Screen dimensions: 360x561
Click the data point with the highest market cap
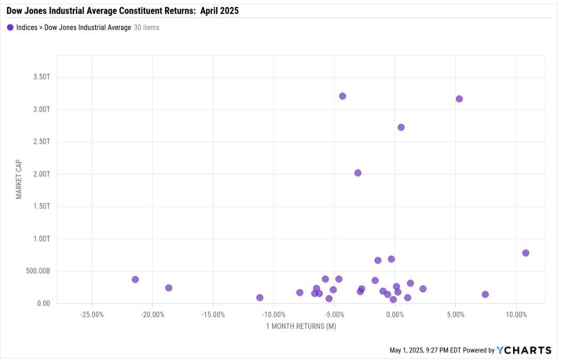point(342,96)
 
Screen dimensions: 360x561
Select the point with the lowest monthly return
point(135,280)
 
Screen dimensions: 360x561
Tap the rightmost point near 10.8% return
point(525,253)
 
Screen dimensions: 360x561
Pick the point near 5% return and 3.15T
point(459,99)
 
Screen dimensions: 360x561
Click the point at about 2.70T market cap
point(401,127)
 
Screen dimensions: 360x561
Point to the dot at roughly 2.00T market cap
point(358,173)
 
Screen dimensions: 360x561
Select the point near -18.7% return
point(169,288)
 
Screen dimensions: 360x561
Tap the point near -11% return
point(260,298)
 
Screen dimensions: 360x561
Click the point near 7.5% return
point(485,294)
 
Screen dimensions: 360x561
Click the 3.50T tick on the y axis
point(41,77)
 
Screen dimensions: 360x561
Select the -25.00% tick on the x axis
point(92,314)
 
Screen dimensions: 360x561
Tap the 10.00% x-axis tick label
point(516,314)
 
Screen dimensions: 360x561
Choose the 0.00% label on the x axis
point(394,314)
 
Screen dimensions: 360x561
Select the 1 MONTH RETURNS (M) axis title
point(301,326)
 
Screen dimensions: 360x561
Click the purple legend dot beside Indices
point(10,28)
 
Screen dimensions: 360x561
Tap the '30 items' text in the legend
point(146,28)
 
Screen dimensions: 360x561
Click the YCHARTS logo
point(524,350)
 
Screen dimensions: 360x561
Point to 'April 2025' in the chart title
point(219,10)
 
